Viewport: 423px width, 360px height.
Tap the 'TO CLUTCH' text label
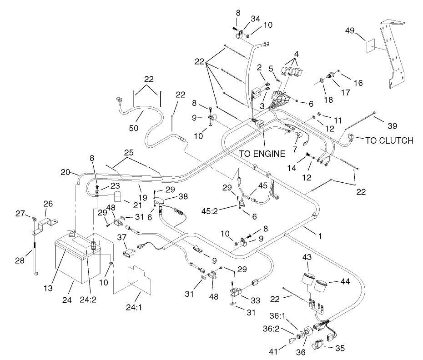pyautogui.click(x=389, y=140)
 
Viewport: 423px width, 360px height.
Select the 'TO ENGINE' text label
pyautogui.click(x=262, y=154)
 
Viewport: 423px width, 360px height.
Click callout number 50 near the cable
pyautogui.click(x=134, y=128)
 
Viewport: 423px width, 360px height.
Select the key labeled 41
pyautogui.click(x=292, y=340)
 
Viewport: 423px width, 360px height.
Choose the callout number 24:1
pyautogui.click(x=134, y=307)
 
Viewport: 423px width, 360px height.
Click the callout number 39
pyautogui.click(x=393, y=125)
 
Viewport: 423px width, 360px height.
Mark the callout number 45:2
pyautogui.click(x=210, y=211)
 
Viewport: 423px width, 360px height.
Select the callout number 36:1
pyautogui.click(x=277, y=316)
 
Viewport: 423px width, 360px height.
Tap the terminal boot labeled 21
pyautogui.click(x=117, y=196)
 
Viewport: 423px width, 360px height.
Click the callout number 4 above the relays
pyautogui.click(x=297, y=54)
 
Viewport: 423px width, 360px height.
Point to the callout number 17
pyautogui.click(x=346, y=92)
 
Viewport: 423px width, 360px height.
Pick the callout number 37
pyautogui.click(x=122, y=237)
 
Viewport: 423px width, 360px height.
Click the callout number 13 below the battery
pyautogui.click(x=48, y=288)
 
